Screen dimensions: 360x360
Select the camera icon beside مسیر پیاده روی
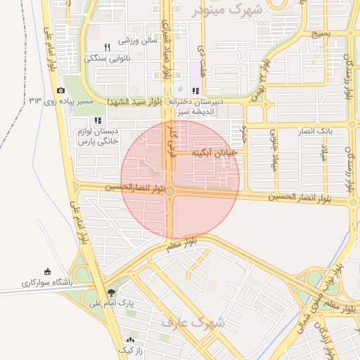coord(60,91)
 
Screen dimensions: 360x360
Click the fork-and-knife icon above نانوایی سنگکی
coord(108,47)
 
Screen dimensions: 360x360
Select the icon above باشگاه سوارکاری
coord(47,272)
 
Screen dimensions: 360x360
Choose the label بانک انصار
coord(334,131)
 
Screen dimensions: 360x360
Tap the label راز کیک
coord(131,349)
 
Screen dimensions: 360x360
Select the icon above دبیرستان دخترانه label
coord(195,90)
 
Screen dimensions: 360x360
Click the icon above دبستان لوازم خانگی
coord(98,120)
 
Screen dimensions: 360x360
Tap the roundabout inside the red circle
coord(171,191)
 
